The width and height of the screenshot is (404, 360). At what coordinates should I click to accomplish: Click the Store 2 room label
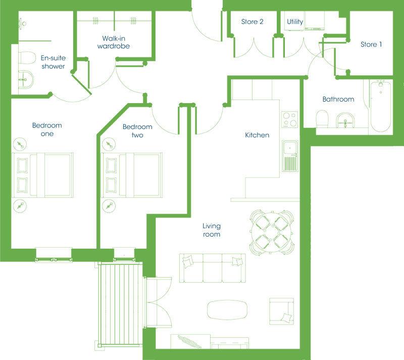tap(252, 22)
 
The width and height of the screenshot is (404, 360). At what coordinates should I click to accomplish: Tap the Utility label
tap(295, 22)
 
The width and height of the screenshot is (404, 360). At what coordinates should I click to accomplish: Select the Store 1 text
tap(371, 44)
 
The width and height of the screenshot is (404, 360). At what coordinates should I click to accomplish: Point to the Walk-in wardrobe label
tap(114, 42)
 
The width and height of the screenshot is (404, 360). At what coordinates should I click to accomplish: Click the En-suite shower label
tap(53, 62)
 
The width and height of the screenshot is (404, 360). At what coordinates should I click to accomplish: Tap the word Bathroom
tap(338, 99)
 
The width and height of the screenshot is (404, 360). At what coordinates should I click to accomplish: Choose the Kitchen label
tap(257, 135)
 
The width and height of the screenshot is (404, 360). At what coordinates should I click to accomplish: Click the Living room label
tap(212, 230)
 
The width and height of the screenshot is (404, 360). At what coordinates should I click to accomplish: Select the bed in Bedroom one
tap(43, 175)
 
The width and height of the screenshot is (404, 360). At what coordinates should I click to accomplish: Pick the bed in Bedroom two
tap(131, 175)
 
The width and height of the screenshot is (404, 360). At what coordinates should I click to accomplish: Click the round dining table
tap(272, 233)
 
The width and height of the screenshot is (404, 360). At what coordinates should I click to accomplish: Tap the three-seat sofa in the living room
tap(213, 268)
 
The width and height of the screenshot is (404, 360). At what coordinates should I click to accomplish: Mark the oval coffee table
tap(227, 310)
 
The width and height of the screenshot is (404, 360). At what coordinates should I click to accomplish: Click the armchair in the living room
tap(282, 311)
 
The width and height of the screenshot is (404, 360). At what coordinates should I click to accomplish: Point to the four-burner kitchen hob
tap(289, 119)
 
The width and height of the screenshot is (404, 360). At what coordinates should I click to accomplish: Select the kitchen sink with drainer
tap(290, 156)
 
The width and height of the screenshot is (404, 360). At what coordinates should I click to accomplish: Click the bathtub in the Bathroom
tap(381, 106)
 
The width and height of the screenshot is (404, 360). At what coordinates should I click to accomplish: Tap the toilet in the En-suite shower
tap(27, 58)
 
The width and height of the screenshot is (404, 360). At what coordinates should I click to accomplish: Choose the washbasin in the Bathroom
tap(345, 120)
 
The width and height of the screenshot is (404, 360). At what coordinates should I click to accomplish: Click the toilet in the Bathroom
tap(322, 119)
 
